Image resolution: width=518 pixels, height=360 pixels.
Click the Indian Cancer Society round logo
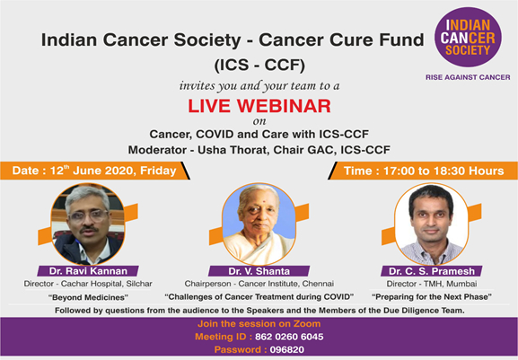click(468, 38)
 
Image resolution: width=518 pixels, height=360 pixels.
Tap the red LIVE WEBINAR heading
click(259, 106)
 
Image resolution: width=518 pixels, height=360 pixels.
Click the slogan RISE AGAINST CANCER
click(468, 77)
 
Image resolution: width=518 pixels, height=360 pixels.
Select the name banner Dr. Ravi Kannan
click(88, 271)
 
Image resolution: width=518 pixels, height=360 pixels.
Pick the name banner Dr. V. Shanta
click(259, 271)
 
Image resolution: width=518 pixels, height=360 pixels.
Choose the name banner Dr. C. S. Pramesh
click(432, 271)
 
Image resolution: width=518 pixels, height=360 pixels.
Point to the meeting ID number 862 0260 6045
click(289, 337)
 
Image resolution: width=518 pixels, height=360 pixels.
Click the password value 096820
click(287, 349)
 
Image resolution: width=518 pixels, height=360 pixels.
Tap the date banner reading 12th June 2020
click(95, 171)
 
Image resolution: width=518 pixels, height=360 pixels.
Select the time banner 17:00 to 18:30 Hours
click(423, 171)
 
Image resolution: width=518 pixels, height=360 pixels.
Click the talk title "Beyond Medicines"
click(88, 297)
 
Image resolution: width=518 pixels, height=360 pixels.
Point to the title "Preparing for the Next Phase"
click(432, 297)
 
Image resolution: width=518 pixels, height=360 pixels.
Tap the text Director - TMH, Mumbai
click(432, 284)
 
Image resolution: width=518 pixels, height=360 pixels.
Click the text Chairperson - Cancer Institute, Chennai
click(259, 284)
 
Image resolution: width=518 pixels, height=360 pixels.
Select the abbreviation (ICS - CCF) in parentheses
click(259, 65)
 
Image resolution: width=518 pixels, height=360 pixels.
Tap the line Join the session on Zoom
click(259, 324)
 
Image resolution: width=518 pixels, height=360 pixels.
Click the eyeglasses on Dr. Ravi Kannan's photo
click(89, 215)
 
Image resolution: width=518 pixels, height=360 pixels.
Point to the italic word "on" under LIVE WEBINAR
click(259, 121)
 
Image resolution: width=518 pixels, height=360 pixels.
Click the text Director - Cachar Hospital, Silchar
click(88, 284)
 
